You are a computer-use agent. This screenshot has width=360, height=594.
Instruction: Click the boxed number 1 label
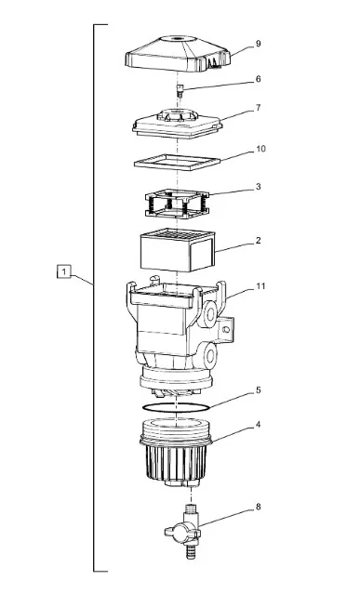[x=64, y=271]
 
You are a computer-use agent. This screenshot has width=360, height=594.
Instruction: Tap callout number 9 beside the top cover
[x=258, y=44]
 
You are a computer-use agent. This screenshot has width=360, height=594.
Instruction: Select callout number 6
[x=258, y=79]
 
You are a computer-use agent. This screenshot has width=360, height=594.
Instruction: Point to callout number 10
[x=260, y=149]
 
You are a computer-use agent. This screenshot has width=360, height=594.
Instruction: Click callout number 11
[x=260, y=286]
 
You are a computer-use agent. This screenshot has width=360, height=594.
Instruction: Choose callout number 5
[x=258, y=389]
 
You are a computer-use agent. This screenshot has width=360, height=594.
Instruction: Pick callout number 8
[x=258, y=507]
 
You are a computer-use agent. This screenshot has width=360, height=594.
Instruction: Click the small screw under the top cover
[x=180, y=91]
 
